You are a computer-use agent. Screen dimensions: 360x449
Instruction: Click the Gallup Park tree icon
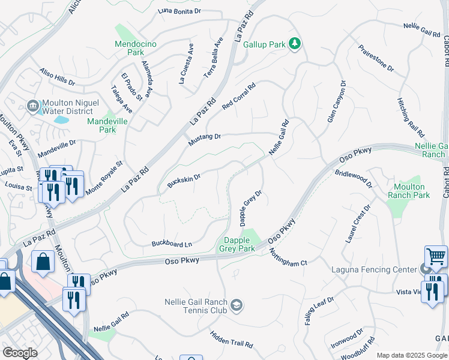coord(295,43)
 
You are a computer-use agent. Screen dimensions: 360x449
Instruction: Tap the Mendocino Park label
coord(134,48)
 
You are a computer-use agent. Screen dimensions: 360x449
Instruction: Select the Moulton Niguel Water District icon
coord(33,106)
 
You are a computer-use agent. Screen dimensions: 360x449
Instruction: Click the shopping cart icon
coord(436,257)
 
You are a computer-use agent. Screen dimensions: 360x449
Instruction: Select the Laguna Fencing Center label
coord(375,269)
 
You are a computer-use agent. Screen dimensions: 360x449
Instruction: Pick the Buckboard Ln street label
coord(172,244)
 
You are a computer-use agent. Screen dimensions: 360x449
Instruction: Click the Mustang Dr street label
coord(205,139)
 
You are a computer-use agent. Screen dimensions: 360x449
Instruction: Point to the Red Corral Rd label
coord(238,97)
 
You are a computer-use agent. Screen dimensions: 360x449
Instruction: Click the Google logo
coord(21,353)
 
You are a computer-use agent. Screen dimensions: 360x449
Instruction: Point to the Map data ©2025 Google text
coord(411,355)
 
